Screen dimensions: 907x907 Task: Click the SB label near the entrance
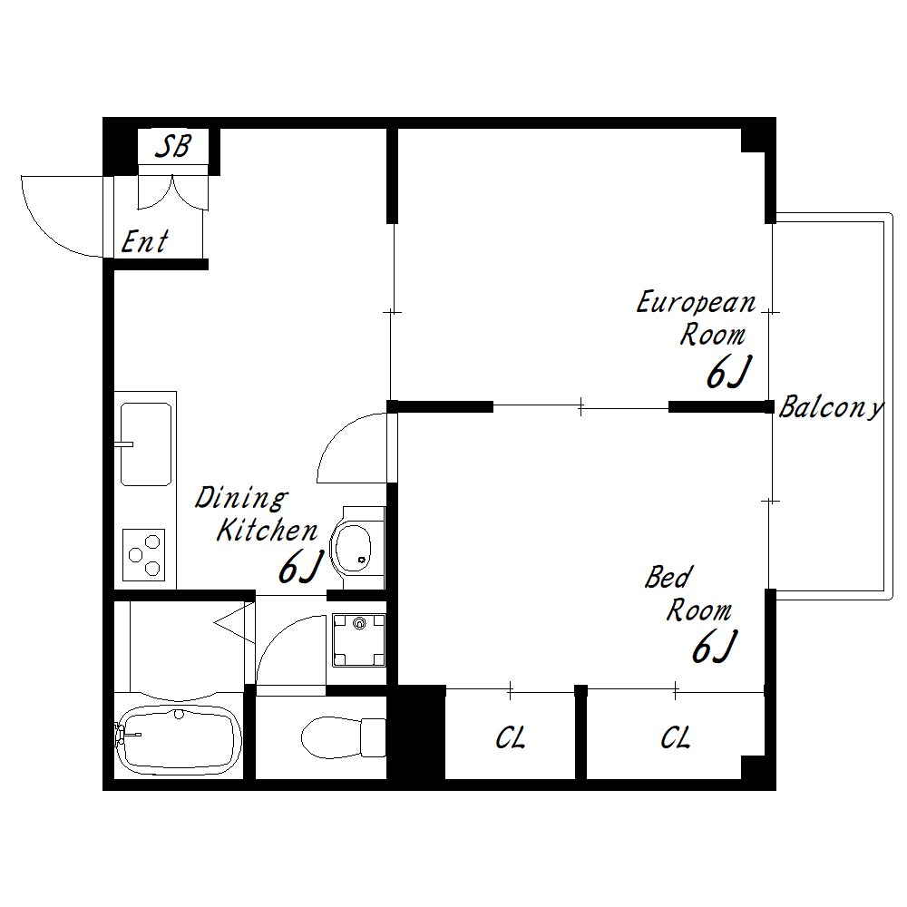click(173, 146)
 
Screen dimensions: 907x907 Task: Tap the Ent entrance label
click(144, 242)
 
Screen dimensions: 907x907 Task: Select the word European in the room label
click(696, 303)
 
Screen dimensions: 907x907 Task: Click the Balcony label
click(831, 407)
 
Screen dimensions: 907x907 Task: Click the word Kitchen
click(268, 531)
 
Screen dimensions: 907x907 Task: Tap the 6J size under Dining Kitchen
click(299, 568)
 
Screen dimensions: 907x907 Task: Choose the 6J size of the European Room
click(729, 372)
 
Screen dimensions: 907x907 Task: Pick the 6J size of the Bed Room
click(715, 646)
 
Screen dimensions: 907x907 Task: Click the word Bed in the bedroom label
click(668, 577)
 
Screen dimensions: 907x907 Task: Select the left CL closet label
click(510, 737)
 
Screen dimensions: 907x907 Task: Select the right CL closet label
click(676, 737)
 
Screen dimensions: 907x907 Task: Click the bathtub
click(178, 736)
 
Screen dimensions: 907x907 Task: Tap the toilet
click(343, 736)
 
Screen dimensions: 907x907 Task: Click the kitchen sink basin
click(146, 444)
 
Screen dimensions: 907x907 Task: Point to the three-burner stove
click(144, 555)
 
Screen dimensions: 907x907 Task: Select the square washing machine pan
click(359, 640)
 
